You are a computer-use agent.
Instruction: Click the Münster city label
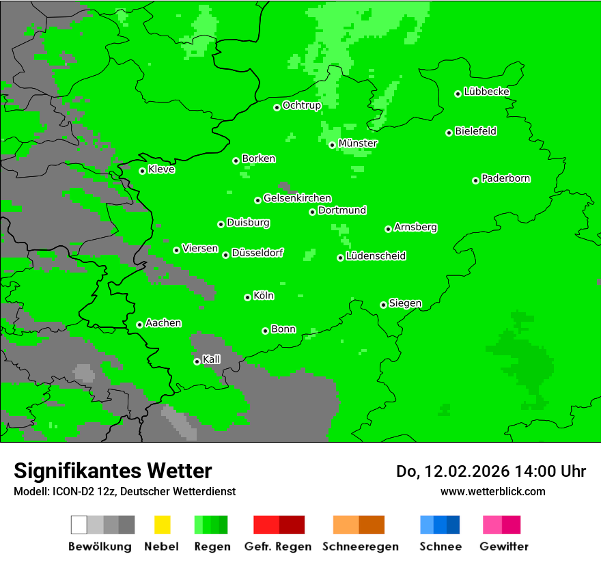point(358,143)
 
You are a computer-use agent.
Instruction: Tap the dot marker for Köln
point(247,297)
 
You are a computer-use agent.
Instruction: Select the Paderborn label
point(505,178)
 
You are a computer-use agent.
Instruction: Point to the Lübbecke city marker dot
point(458,94)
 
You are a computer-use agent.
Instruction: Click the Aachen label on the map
point(163,322)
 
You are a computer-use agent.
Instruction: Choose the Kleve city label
point(161,169)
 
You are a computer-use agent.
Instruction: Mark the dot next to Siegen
point(383,305)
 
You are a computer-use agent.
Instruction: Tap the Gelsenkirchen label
point(297,198)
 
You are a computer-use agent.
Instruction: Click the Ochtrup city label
point(301,105)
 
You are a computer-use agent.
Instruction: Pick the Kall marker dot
point(197,361)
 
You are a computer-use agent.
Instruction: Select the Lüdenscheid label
point(376,256)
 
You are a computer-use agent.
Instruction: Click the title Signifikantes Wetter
point(113,471)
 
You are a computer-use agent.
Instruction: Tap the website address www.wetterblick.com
point(492,491)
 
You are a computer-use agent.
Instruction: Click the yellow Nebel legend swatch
point(162,525)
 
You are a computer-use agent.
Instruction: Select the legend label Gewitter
point(503,547)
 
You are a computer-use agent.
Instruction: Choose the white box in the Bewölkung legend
point(79,525)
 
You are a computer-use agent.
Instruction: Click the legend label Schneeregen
point(360,547)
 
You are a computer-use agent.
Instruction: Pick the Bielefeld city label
point(475,131)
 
